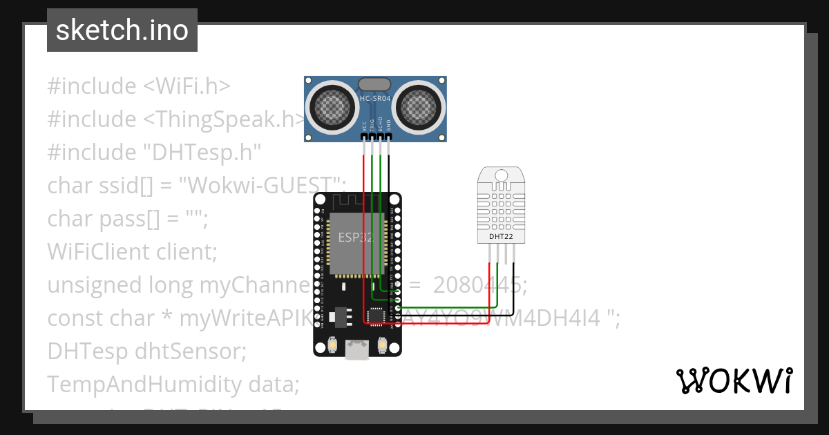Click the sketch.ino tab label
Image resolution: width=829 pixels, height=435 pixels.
(x=122, y=31)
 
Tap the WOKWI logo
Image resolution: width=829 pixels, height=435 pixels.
(x=733, y=380)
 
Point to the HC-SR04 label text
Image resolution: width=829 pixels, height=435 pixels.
(x=375, y=99)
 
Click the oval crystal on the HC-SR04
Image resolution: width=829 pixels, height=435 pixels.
(x=375, y=84)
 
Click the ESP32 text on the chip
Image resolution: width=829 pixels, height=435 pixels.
(x=355, y=238)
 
